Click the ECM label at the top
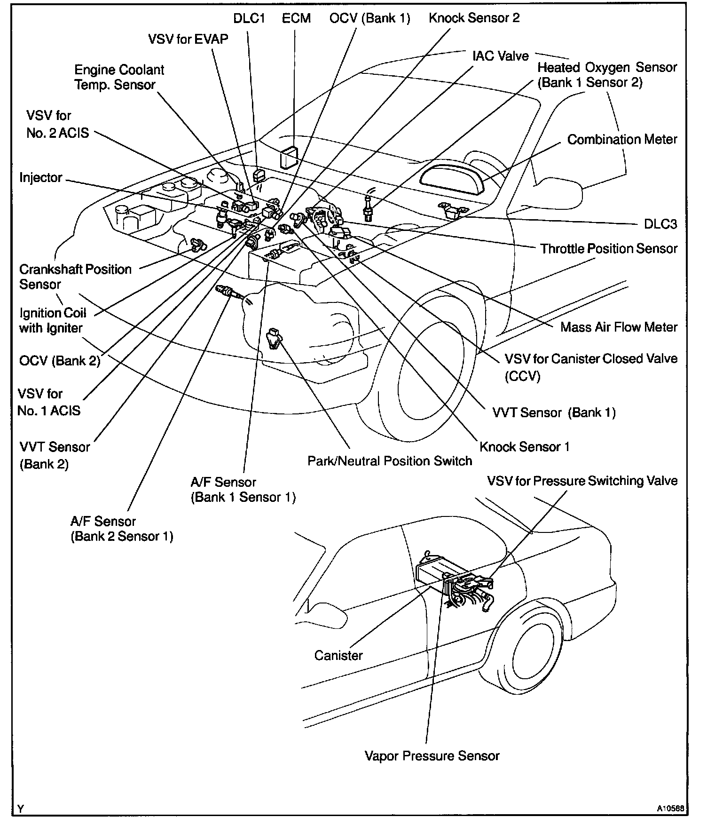pyautogui.click(x=296, y=19)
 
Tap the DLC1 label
pyautogui.click(x=249, y=19)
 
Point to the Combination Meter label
pyautogui.click(x=622, y=140)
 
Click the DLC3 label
pyautogui.click(x=660, y=224)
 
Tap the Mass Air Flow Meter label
pyautogui.click(x=619, y=327)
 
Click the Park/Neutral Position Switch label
pyautogui.click(x=390, y=461)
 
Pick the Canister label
pyautogui.click(x=338, y=655)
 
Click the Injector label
pyautogui.click(x=41, y=178)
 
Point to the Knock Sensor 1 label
pyautogui.click(x=525, y=447)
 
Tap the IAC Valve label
pyautogui.click(x=501, y=56)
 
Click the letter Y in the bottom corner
pyautogui.click(x=20, y=809)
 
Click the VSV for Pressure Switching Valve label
pyautogui.click(x=582, y=481)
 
